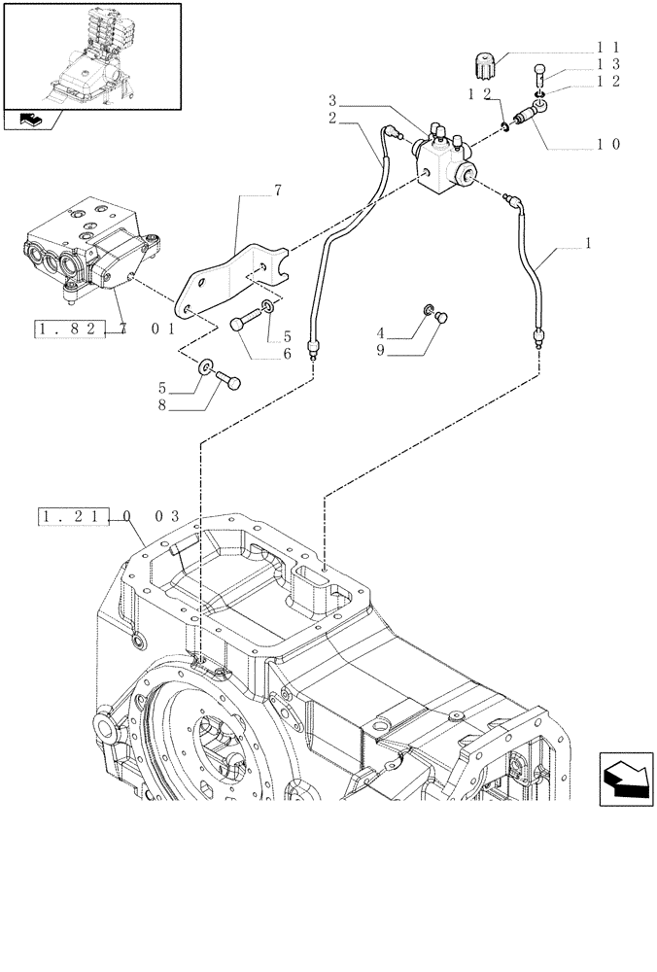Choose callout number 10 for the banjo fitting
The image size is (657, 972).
(x=608, y=144)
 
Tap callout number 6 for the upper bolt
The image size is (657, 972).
(x=288, y=354)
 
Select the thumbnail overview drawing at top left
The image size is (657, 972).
(x=91, y=55)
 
